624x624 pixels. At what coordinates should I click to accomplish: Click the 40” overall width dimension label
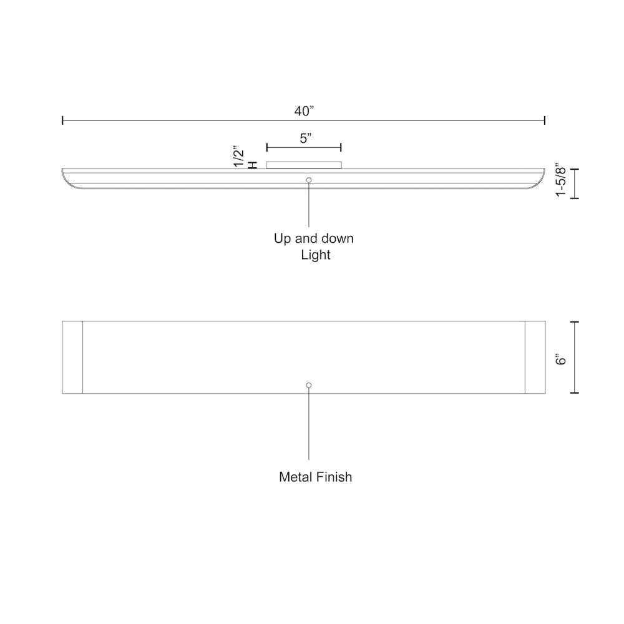click(x=304, y=111)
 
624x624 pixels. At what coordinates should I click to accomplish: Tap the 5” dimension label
click(x=305, y=139)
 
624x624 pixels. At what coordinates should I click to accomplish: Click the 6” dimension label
click(x=561, y=360)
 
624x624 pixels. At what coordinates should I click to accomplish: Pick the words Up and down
click(x=314, y=238)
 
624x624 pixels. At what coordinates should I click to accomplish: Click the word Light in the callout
click(x=316, y=255)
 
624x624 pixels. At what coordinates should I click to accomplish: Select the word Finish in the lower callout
click(x=334, y=477)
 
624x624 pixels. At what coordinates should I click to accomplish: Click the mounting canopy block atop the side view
click(x=304, y=165)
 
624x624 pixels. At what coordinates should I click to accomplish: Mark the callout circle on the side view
click(x=309, y=180)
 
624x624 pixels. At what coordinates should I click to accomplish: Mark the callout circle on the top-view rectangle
click(x=309, y=386)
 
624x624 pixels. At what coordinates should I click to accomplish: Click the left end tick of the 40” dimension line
click(x=63, y=120)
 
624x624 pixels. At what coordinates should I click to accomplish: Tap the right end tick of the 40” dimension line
click(x=545, y=120)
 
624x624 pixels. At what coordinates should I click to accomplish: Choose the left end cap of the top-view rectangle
click(x=72, y=358)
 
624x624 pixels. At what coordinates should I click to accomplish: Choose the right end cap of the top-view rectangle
click(x=535, y=358)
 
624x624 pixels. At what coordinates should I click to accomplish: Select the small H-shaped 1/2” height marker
click(x=253, y=165)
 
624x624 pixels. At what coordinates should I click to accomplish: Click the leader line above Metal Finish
click(x=309, y=424)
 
